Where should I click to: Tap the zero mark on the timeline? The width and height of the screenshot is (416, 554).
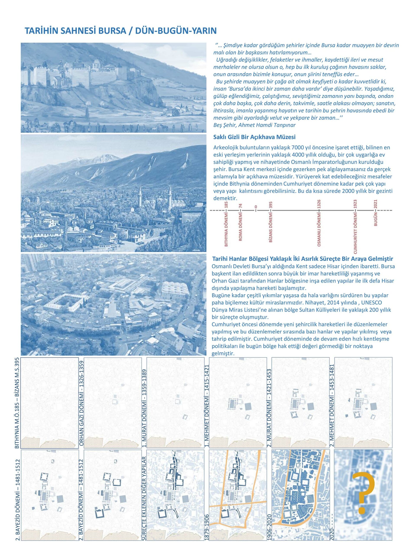pyautogui.click(x=256, y=207)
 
